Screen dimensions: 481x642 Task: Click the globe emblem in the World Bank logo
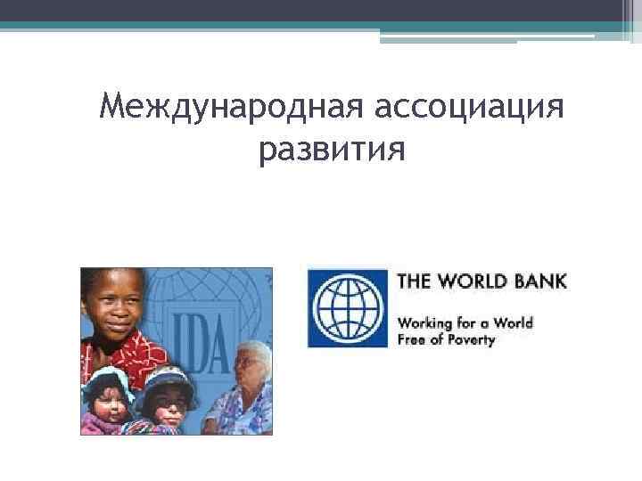pyautogui.click(x=348, y=308)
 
